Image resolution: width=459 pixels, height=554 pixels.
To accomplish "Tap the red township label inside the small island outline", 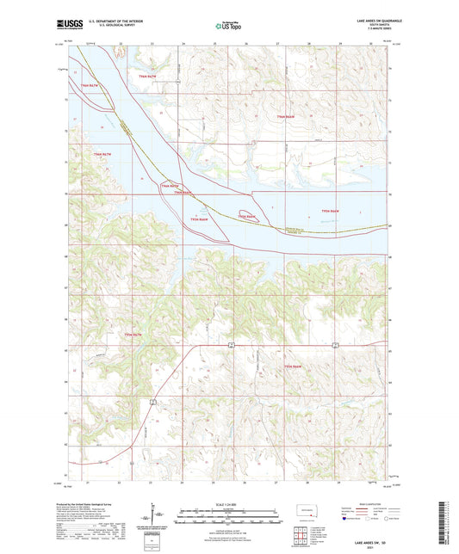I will pyautogui.click(x=247, y=216).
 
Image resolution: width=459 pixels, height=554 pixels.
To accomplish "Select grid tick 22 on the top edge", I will pyautogui.click(x=121, y=42).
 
